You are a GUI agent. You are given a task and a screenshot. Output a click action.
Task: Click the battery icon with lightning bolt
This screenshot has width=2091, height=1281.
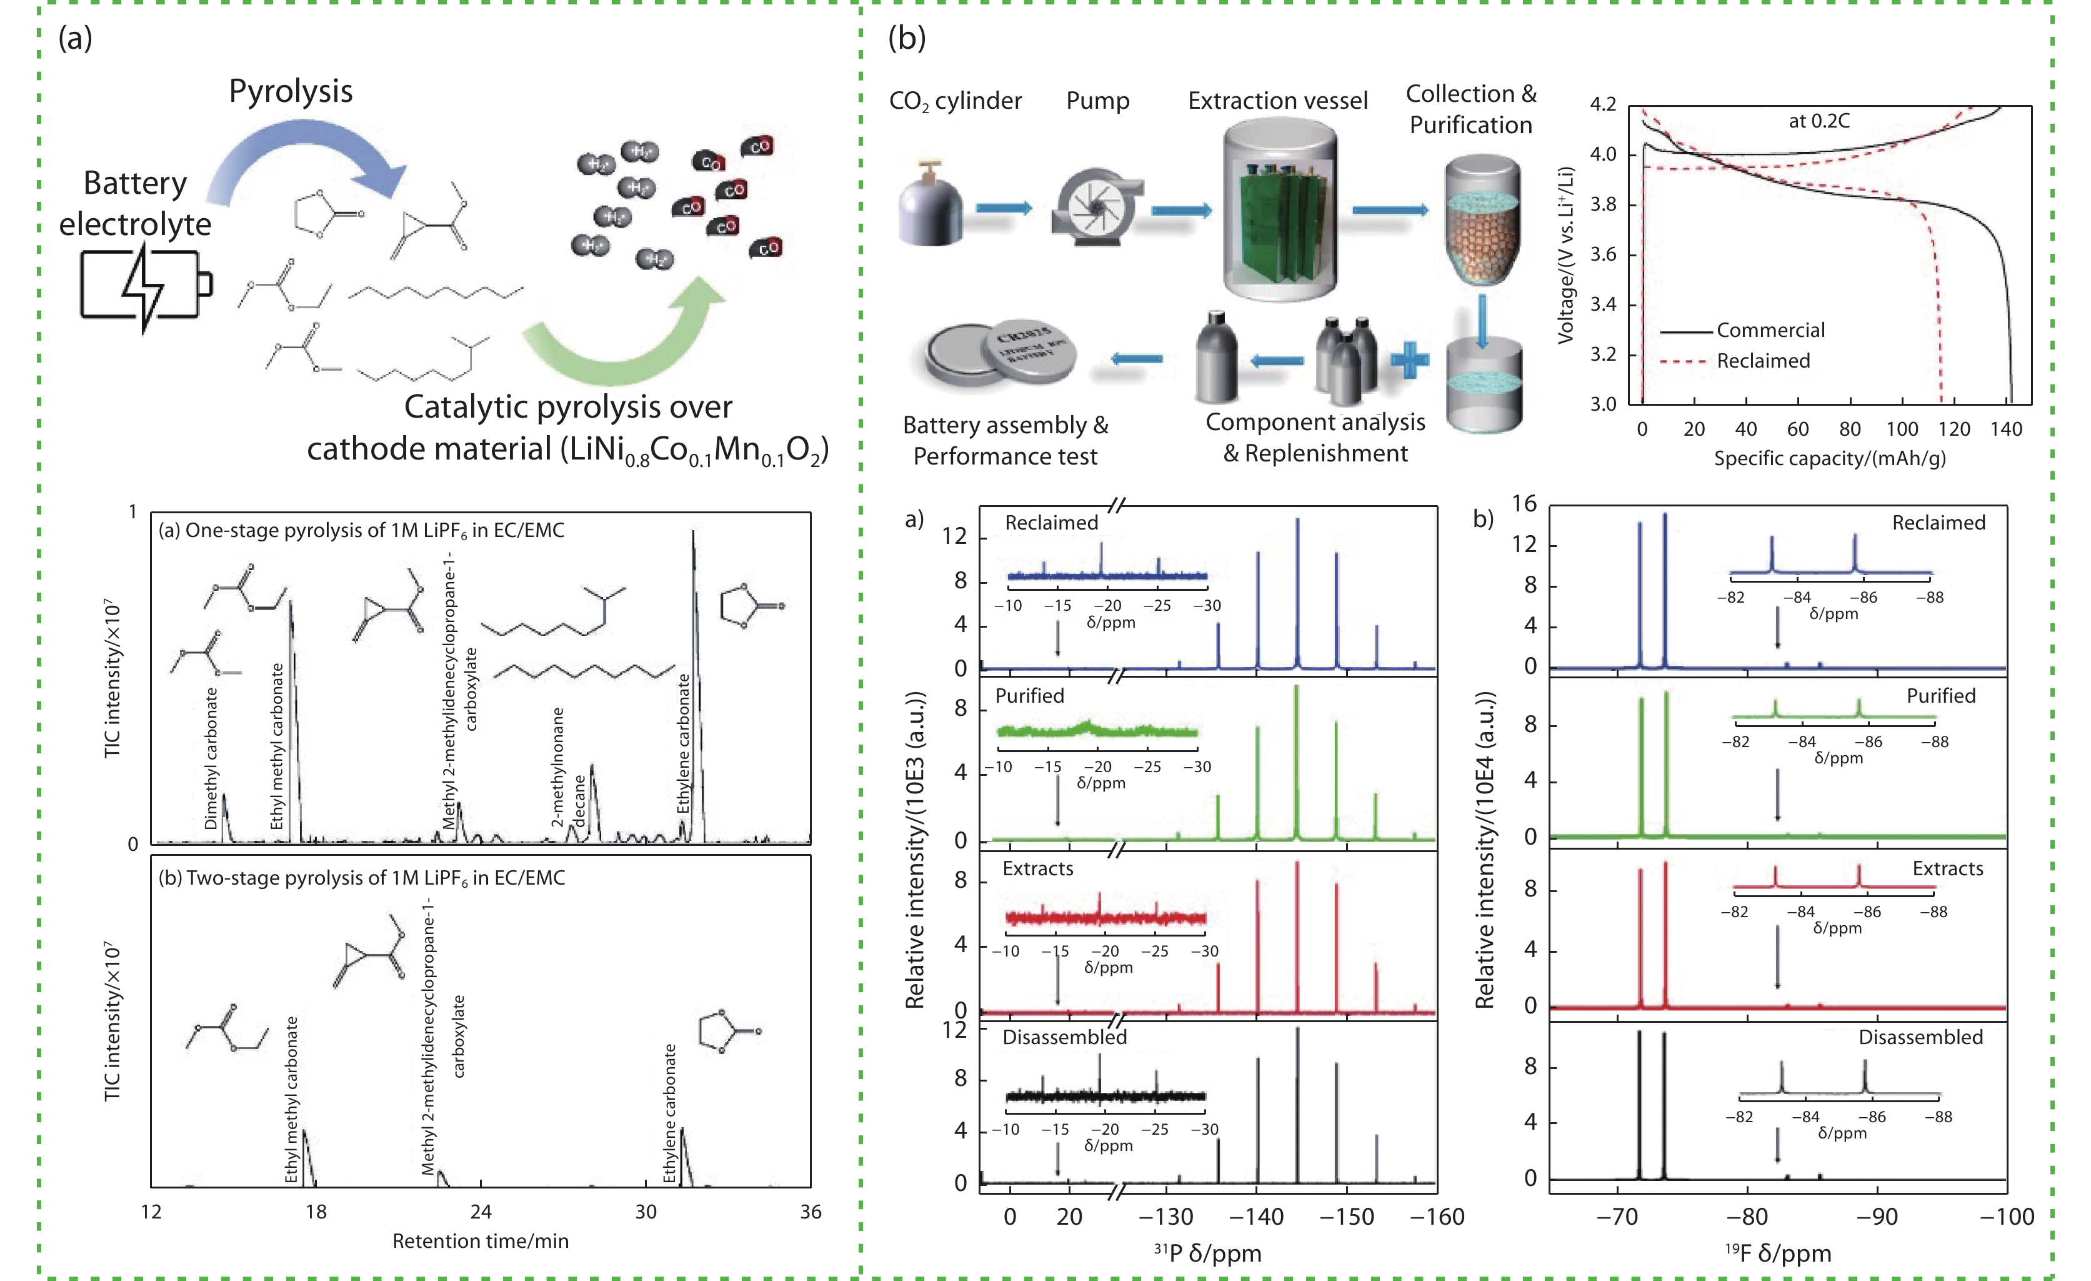tap(144, 285)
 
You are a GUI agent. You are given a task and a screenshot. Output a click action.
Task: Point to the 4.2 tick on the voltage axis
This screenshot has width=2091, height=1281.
tap(1602, 104)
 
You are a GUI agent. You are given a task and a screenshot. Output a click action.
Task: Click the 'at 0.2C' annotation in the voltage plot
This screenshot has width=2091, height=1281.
tap(1819, 121)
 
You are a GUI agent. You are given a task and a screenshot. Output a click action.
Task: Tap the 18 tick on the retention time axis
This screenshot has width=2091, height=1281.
tap(316, 1212)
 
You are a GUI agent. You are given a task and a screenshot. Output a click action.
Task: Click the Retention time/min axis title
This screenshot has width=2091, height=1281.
tap(481, 1241)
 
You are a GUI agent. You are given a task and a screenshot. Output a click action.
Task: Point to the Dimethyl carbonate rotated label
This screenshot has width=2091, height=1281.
tap(211, 758)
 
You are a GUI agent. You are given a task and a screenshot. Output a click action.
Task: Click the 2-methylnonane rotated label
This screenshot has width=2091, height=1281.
tap(557, 766)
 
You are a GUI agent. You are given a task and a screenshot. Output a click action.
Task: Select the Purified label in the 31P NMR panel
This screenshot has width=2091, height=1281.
tap(1029, 696)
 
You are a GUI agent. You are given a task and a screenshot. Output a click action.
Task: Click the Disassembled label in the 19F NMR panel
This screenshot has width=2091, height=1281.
tap(1920, 1037)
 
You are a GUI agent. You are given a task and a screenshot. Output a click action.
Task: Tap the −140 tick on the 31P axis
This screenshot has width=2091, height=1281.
tap(1256, 1217)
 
